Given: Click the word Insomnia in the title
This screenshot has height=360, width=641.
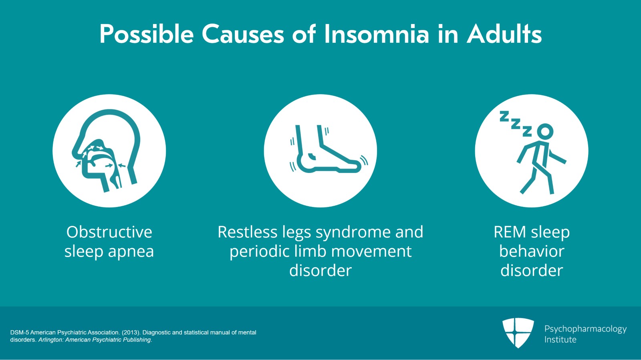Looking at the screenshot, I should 376,34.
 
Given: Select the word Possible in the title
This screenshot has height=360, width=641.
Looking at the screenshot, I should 147,34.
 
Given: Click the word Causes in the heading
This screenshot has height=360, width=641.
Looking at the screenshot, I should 243,34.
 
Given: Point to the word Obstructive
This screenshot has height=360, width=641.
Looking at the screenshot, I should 109,232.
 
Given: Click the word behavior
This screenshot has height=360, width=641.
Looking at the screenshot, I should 532,251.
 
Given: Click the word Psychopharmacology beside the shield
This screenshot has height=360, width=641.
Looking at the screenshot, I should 585,329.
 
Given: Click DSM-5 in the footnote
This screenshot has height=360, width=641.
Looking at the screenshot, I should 20,332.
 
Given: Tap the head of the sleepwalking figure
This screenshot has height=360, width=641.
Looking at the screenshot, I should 545,131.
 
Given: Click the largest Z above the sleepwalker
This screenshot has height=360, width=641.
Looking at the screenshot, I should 504,116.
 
